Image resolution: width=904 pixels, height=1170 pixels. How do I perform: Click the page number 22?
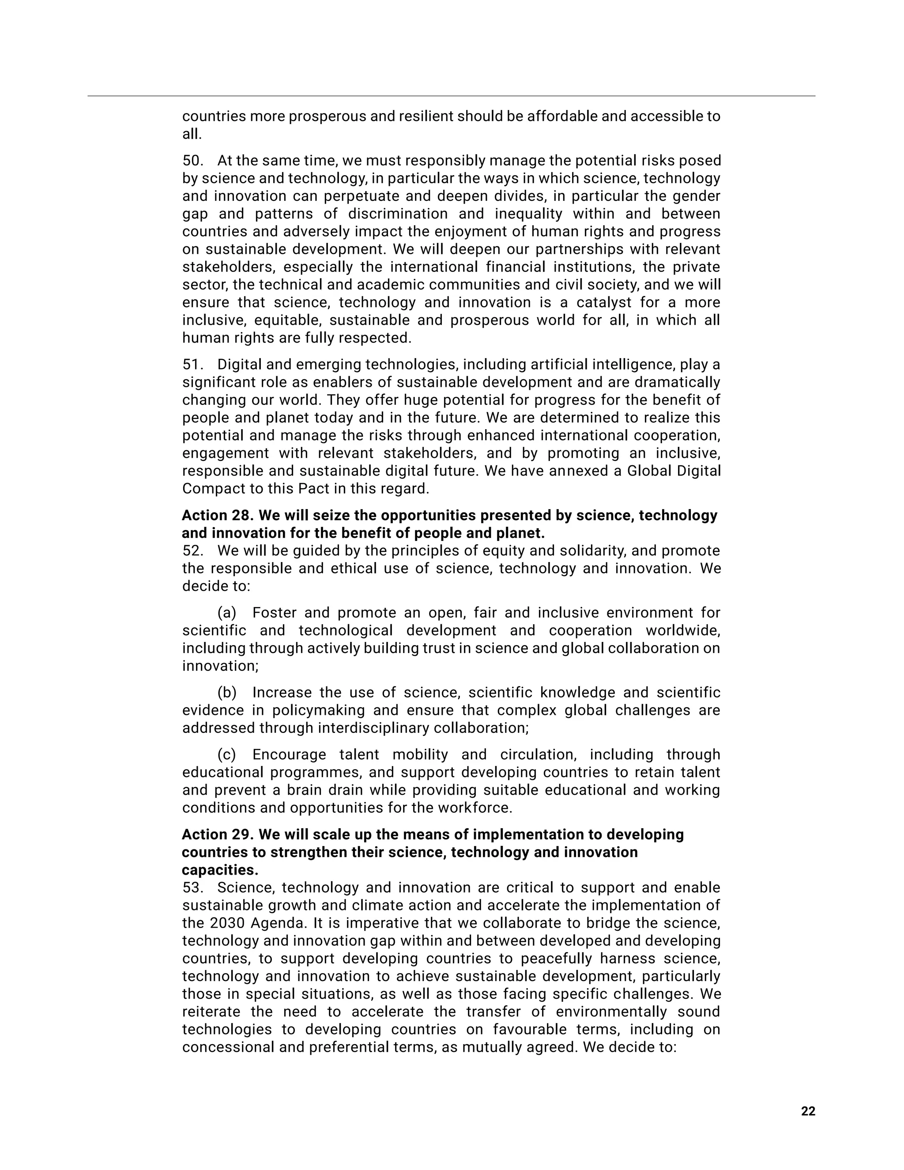[808, 1111]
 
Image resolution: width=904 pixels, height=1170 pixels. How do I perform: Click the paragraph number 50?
[192, 161]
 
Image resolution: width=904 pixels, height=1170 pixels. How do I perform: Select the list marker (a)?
[226, 613]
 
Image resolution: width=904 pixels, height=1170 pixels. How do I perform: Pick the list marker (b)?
[226, 693]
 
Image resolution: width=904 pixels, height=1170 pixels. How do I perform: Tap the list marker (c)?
[226, 755]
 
